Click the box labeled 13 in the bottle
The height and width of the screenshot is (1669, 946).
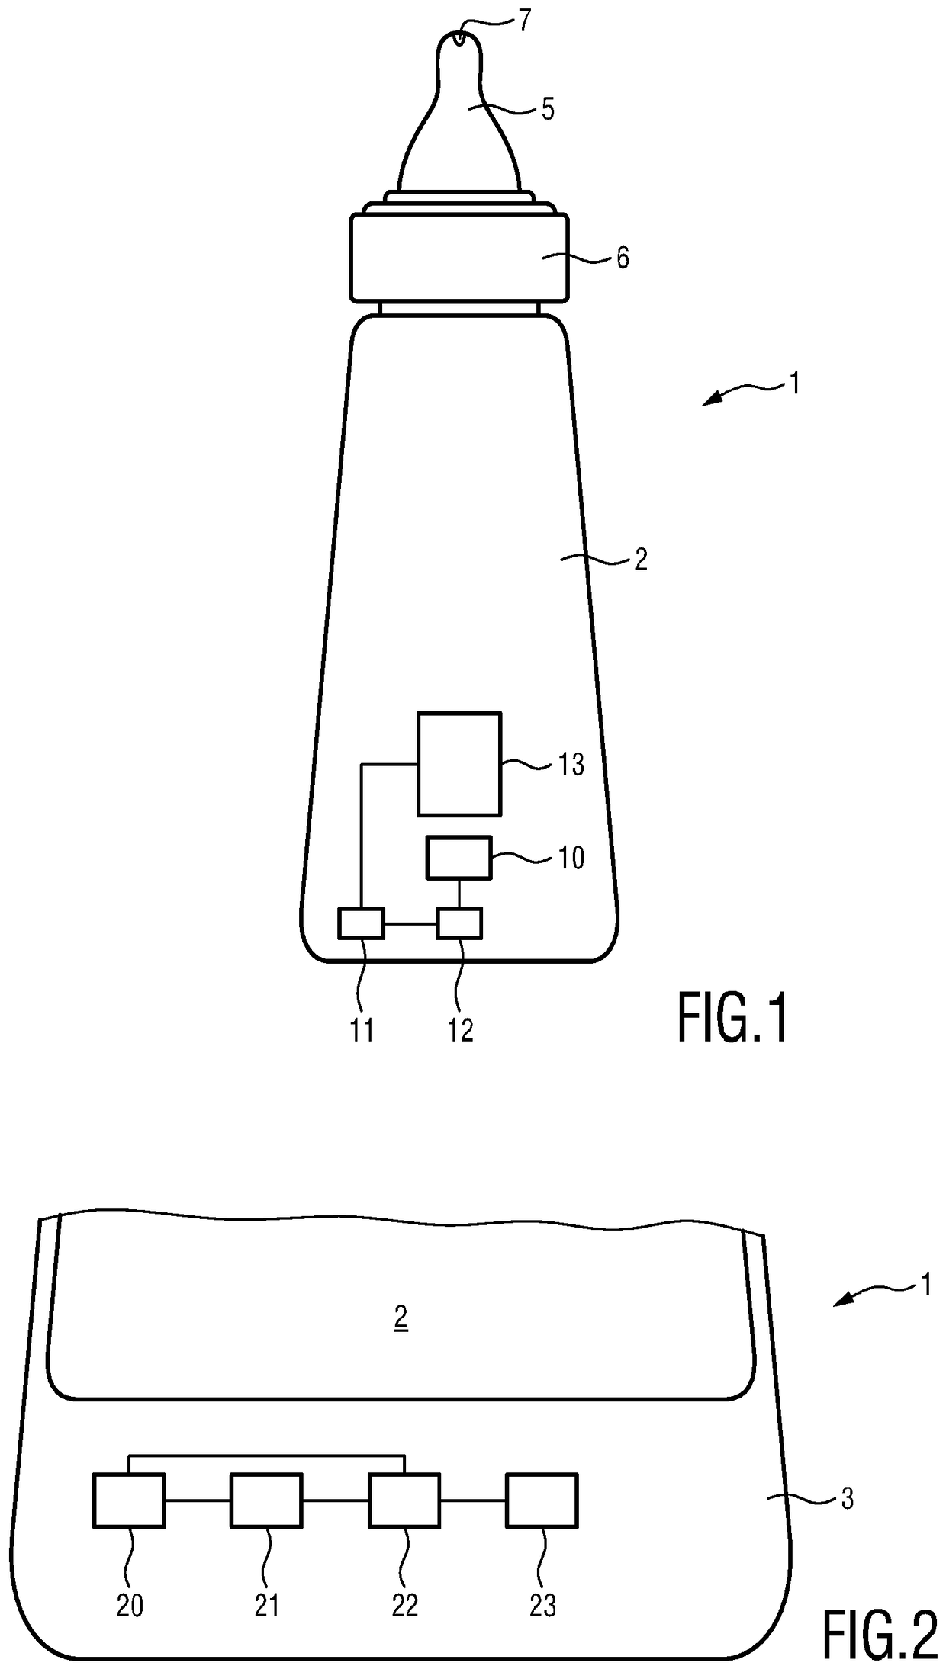pyautogui.click(x=459, y=763)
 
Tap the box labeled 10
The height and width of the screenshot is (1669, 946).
pyautogui.click(x=458, y=858)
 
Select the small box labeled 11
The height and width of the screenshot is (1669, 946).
pyautogui.click(x=362, y=923)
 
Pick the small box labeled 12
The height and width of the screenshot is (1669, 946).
pyautogui.click(x=459, y=923)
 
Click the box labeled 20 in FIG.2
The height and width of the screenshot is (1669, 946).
pyautogui.click(x=128, y=1500)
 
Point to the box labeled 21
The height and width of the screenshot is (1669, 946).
pyautogui.click(x=266, y=1500)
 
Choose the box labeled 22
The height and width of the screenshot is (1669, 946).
pyautogui.click(x=404, y=1500)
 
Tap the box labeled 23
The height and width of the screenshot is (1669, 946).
pyautogui.click(x=542, y=1500)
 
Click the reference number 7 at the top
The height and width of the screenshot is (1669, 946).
pyautogui.click(x=523, y=21)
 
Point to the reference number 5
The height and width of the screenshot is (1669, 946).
pyautogui.click(x=548, y=110)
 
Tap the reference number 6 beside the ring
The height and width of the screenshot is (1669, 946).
pyautogui.click(x=623, y=258)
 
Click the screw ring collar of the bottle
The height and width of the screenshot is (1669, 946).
pyautogui.click(x=459, y=257)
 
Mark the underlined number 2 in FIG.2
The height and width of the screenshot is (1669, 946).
pyautogui.click(x=401, y=1318)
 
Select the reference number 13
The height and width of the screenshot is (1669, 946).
pyautogui.click(x=571, y=764)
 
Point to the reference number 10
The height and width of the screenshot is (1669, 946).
pyautogui.click(x=571, y=859)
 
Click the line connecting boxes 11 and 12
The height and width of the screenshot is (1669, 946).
pyautogui.click(x=410, y=924)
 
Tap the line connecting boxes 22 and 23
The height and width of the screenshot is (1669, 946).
pyautogui.click(x=473, y=1501)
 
